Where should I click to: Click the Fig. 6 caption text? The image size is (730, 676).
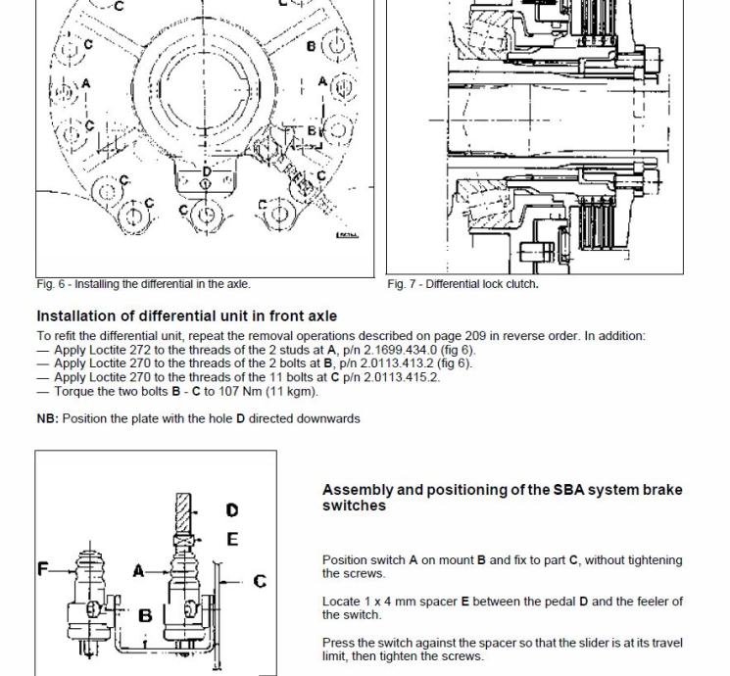click(x=143, y=284)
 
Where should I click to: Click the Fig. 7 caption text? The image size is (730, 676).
click(x=462, y=284)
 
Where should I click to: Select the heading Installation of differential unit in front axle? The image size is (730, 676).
click(x=186, y=316)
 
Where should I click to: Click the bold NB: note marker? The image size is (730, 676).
click(x=47, y=418)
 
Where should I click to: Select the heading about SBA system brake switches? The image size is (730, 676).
click(x=502, y=498)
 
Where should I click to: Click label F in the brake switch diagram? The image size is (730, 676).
click(x=43, y=567)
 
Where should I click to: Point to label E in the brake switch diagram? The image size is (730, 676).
click(x=232, y=539)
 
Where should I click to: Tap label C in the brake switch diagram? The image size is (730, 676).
click(x=259, y=581)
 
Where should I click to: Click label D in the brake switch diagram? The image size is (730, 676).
click(x=232, y=510)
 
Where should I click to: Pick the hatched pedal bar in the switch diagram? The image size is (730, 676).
click(x=184, y=512)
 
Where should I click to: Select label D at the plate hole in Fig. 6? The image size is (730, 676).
click(x=206, y=172)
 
